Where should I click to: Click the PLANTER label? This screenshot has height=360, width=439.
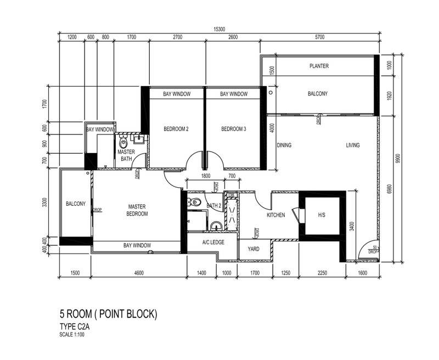point(319,66)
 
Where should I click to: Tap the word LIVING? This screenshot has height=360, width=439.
point(352,145)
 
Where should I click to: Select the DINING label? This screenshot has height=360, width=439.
point(284,145)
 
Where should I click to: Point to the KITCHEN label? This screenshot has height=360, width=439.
point(275,215)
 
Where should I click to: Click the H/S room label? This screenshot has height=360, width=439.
point(321,215)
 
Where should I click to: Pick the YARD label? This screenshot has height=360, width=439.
point(254,249)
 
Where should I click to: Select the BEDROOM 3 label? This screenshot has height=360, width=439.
point(233,129)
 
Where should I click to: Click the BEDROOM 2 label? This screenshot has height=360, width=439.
point(176,129)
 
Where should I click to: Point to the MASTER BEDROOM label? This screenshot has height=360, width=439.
point(137,210)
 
